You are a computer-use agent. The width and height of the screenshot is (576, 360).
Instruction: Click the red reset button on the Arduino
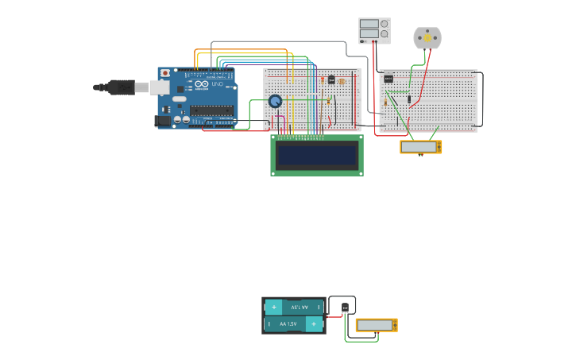(165, 73)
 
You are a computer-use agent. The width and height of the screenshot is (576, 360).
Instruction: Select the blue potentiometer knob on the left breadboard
(275, 101)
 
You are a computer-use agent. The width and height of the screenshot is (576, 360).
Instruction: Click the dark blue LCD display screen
(316, 155)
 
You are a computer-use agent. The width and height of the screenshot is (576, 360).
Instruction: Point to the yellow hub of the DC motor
(427, 37)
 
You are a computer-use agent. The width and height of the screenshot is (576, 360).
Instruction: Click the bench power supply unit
(374, 30)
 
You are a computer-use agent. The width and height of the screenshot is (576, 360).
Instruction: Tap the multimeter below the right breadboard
(420, 147)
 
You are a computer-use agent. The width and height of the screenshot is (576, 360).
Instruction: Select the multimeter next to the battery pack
(376, 325)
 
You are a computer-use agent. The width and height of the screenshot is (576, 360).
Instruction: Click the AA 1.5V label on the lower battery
(288, 324)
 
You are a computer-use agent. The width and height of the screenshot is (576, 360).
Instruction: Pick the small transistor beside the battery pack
(346, 308)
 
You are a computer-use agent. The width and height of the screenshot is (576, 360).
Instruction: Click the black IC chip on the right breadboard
(389, 79)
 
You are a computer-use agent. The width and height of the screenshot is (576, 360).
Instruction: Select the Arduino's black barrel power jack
(163, 120)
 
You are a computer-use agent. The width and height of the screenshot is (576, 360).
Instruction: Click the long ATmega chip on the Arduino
(211, 110)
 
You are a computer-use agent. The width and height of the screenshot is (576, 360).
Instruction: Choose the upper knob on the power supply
(385, 24)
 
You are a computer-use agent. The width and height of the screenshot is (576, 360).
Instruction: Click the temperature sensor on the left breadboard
(331, 80)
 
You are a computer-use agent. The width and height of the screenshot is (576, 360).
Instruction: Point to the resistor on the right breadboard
(386, 101)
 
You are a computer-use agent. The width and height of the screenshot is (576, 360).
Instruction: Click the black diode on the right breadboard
(409, 98)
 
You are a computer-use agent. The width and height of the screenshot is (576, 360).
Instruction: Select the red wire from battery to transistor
(334, 316)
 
